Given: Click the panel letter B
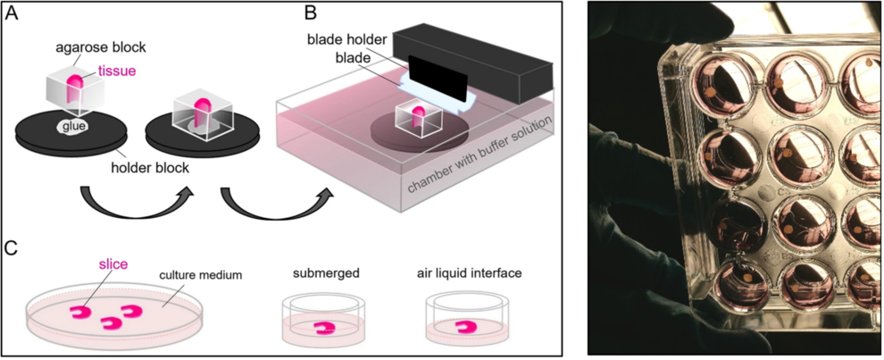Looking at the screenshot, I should point(312,14).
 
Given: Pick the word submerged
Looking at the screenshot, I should point(328,275).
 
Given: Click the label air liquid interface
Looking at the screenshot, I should point(472,275).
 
